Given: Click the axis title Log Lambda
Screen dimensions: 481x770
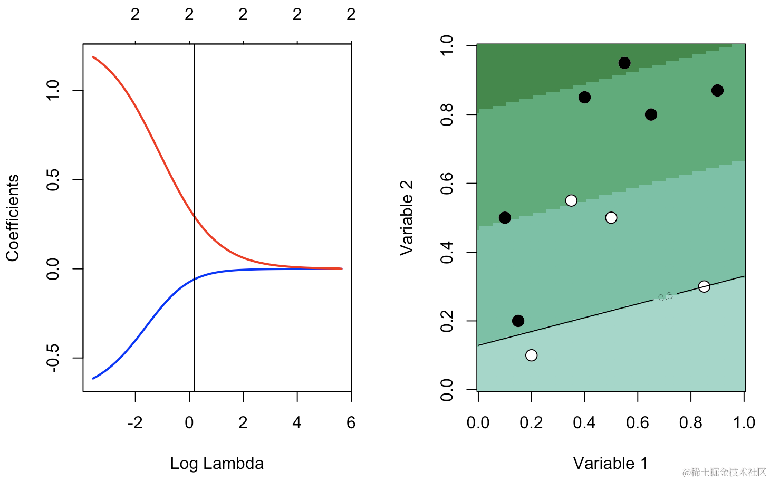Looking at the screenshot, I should click(x=217, y=463).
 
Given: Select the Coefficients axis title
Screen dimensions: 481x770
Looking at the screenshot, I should click(x=13, y=218).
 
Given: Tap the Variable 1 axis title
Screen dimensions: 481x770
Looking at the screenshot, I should click(x=610, y=463).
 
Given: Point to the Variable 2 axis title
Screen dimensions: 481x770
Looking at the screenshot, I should click(x=406, y=218).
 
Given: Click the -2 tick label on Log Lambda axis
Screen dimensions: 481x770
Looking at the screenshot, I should click(x=135, y=422).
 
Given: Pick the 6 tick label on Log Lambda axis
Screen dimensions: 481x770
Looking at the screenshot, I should click(x=351, y=422).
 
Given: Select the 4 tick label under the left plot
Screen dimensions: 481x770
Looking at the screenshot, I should click(x=297, y=422).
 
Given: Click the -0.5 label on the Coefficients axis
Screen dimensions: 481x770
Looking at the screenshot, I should click(x=53, y=358).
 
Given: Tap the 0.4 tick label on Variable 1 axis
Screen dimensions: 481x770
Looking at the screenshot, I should click(x=584, y=422).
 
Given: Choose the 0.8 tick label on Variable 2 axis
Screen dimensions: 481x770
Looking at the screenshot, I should click(x=447, y=114).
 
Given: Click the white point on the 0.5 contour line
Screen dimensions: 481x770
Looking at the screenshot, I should click(x=704, y=286).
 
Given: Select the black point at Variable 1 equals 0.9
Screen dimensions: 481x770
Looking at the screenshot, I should click(x=717, y=91).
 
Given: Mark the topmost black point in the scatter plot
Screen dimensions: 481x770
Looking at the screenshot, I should click(x=624, y=63).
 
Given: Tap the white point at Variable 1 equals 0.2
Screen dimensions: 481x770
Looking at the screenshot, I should click(x=532, y=355).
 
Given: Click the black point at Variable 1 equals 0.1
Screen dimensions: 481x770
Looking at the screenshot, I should click(x=505, y=218).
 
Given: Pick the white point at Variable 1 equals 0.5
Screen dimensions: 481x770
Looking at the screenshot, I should click(x=611, y=218).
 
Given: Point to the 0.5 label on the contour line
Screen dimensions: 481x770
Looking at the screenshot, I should click(x=666, y=297).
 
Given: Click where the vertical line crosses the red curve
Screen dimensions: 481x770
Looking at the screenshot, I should click(x=195, y=216).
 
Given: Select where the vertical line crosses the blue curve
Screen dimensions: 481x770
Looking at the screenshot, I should click(x=195, y=279).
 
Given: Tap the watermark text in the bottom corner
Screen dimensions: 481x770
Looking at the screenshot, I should click(x=724, y=472).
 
